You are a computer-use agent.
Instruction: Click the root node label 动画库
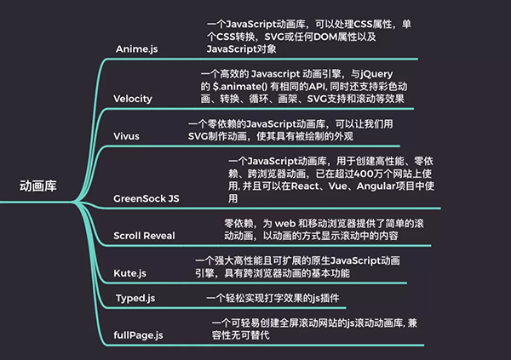coord(38,186)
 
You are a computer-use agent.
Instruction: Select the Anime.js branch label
coord(137,49)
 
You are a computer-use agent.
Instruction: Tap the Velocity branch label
coord(133,99)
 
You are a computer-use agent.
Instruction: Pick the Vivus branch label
coord(126,136)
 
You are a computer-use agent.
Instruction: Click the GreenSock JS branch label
coord(146,198)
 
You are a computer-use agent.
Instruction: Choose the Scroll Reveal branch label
coord(145,236)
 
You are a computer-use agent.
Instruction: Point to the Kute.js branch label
coord(130,273)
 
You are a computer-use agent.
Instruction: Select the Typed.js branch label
coord(135,298)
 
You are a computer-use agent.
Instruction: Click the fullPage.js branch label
coord(138,335)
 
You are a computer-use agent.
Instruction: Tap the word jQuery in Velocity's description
coord(376,74)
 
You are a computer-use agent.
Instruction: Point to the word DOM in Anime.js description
coord(326,37)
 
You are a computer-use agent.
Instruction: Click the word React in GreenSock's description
coord(305,186)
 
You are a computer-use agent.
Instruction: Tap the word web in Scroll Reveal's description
coord(285,224)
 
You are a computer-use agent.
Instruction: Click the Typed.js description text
coord(273,298)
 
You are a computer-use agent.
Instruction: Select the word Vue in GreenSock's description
coord(337,186)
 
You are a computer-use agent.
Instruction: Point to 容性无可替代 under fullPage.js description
coord(240,335)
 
